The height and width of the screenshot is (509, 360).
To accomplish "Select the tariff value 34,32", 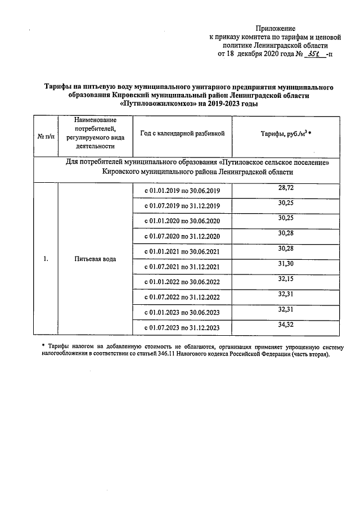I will tap(286, 325).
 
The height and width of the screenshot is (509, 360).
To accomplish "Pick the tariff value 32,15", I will tap(286, 279).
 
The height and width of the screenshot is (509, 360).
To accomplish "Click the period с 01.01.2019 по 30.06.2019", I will tap(182, 191).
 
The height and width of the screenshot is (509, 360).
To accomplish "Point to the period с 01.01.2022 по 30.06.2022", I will tap(182, 282).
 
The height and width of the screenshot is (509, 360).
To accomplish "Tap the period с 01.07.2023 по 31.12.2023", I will tap(182, 328).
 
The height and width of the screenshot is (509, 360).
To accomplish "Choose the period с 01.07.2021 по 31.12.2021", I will tap(182, 267).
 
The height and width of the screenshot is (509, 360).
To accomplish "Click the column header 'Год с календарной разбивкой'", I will tap(182, 134).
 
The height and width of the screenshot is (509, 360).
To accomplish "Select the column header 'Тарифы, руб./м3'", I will tap(286, 134).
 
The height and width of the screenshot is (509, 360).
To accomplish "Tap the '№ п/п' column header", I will tap(46, 137).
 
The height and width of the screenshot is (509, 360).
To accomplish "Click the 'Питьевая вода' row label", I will tap(95, 259).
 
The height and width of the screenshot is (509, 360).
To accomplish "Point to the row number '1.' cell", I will tap(46, 259).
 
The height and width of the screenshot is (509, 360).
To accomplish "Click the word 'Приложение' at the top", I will tap(276, 28).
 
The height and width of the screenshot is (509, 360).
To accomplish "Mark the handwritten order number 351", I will tap(313, 54).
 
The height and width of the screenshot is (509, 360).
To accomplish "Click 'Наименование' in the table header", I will tap(95, 120).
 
